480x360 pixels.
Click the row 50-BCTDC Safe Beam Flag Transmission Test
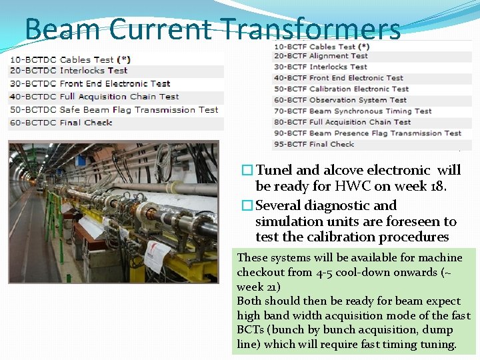113,109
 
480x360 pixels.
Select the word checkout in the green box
262,272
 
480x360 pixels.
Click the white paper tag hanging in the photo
157,256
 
